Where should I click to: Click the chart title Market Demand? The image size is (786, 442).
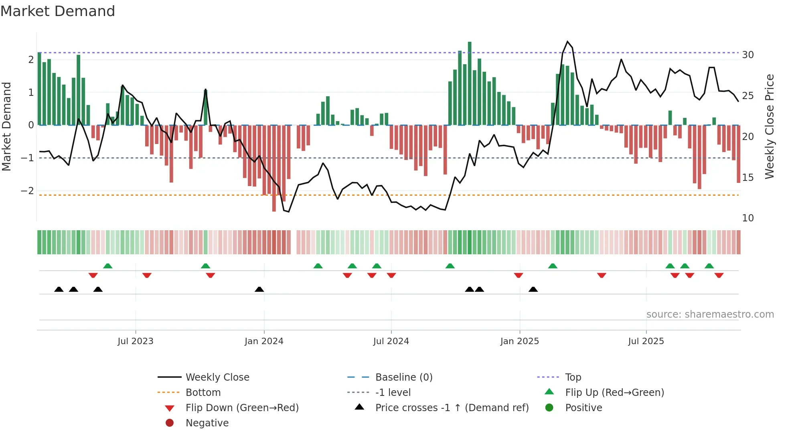click(x=58, y=11)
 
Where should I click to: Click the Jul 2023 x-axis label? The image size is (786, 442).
click(x=135, y=341)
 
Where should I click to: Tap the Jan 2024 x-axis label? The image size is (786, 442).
click(x=264, y=341)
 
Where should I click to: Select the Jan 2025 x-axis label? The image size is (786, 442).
click(x=519, y=341)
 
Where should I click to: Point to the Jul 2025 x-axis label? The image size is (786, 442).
click(x=646, y=341)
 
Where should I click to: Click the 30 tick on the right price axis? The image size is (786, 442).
click(x=748, y=55)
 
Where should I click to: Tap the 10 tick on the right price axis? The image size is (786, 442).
click(x=748, y=218)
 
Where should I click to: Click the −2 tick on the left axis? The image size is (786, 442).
click(x=27, y=191)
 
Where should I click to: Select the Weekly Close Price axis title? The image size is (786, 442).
click(x=769, y=126)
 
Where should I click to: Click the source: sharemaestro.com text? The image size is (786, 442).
click(x=710, y=314)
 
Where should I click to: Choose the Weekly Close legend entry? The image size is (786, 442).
click(x=217, y=377)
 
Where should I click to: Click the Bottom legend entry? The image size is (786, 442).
click(x=203, y=393)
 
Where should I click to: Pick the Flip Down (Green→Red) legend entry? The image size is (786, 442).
click(x=242, y=408)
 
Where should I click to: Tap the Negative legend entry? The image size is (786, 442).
click(x=207, y=423)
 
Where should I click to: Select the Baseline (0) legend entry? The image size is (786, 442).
click(x=403, y=377)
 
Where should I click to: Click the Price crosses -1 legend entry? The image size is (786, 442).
click(x=452, y=408)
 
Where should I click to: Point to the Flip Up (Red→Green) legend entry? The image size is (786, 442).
click(x=614, y=393)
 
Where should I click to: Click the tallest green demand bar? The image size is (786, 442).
click(x=470, y=83)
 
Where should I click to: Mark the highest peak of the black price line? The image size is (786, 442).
click(x=567, y=41)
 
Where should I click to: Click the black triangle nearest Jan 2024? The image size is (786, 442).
click(x=259, y=289)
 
